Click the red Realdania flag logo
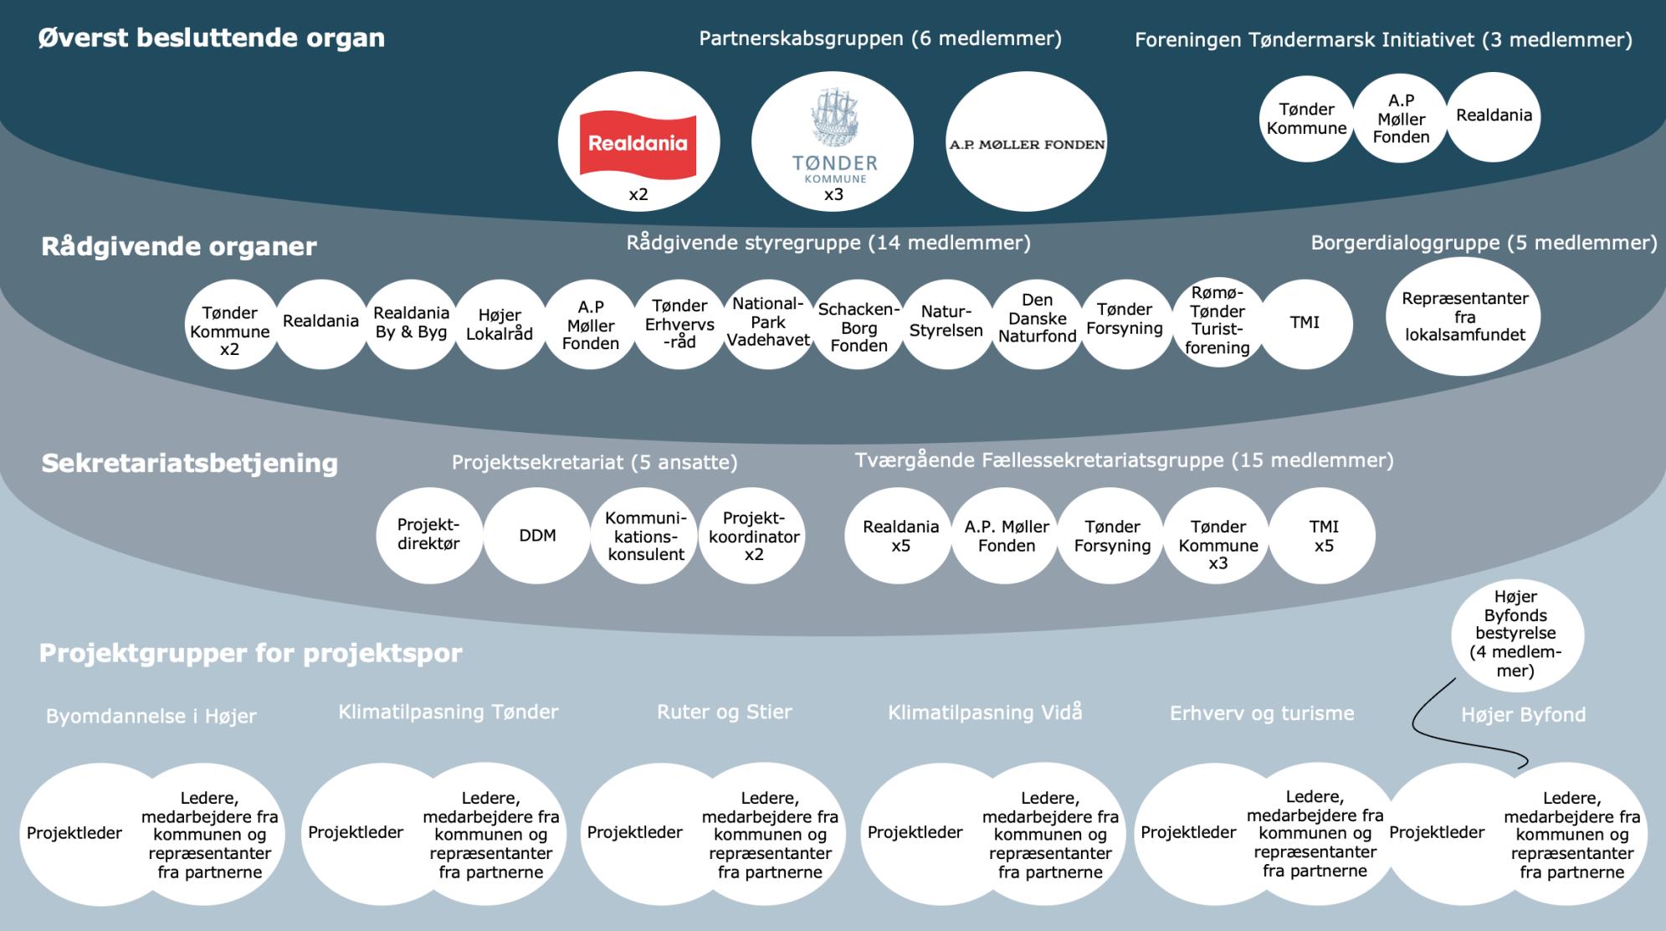[x=638, y=144]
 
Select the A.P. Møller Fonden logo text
[x=1027, y=144]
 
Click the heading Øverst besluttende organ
[x=212, y=38]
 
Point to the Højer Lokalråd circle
[x=500, y=324]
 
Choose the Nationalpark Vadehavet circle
[x=768, y=322]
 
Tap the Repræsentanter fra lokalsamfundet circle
[x=1464, y=316]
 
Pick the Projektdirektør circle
[x=428, y=534]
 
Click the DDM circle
[x=537, y=536]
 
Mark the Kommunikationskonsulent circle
[x=646, y=536]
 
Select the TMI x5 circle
[x=1323, y=536]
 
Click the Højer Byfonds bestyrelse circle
[x=1515, y=634]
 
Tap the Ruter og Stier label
[x=724, y=712]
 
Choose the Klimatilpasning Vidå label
[x=985, y=712]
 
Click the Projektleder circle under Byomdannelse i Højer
[x=75, y=833]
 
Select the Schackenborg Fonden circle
[x=859, y=327]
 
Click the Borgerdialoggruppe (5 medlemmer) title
[x=1484, y=243]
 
